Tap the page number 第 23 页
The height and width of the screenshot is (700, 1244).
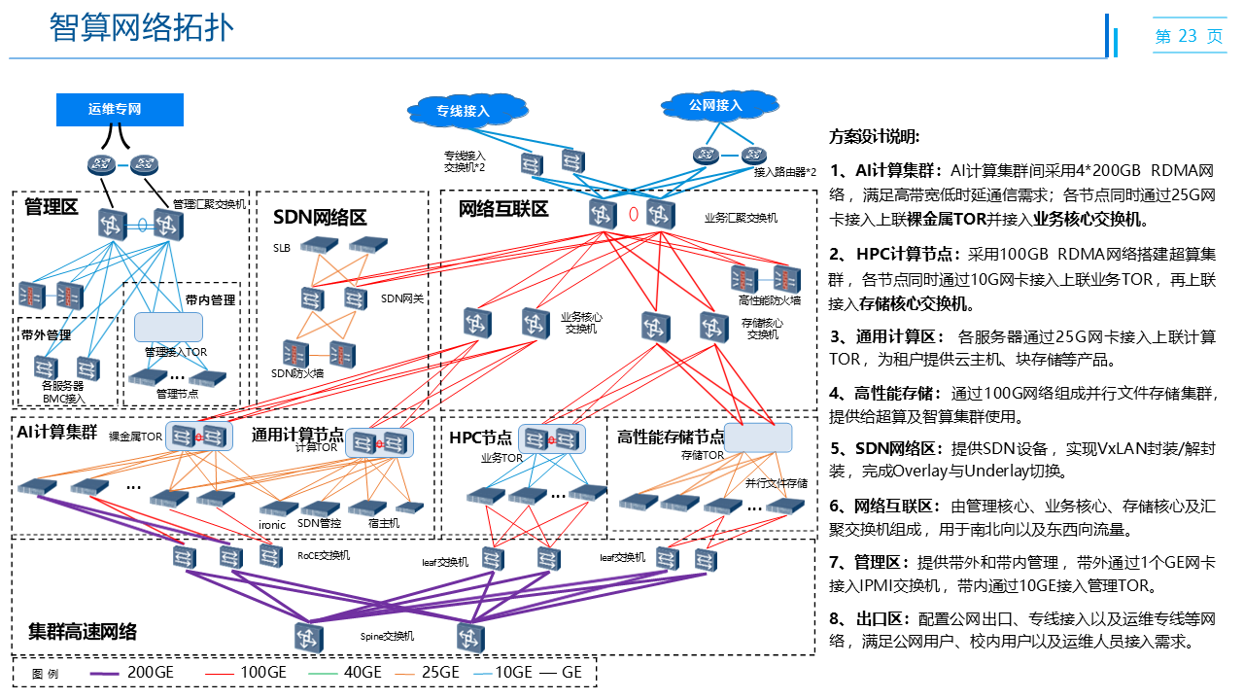tap(1189, 36)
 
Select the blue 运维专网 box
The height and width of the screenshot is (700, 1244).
tap(120, 109)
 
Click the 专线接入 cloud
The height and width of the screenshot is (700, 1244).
tap(463, 111)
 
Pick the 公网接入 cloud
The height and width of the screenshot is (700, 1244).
tap(715, 105)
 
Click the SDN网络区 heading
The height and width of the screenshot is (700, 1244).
tap(320, 217)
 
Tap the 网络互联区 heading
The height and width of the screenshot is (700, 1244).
tap(503, 209)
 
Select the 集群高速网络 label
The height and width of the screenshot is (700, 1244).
tap(83, 632)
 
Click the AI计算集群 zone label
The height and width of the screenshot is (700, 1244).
tap(56, 432)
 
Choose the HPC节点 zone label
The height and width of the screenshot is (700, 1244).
tap(480, 437)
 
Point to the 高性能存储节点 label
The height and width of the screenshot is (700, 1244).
tap(671, 437)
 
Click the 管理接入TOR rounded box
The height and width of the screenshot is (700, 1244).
tap(168, 327)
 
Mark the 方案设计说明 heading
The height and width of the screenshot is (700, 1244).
tap(874, 136)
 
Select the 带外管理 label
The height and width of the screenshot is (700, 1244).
tap(46, 335)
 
